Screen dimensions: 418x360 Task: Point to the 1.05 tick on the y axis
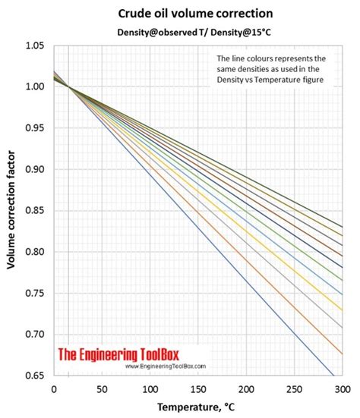coord(35,47)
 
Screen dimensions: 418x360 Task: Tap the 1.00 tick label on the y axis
coord(35,88)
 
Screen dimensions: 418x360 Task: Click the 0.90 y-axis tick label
coord(35,170)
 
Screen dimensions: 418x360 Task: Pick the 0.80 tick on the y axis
coord(35,252)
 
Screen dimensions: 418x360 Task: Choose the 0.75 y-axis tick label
coord(35,293)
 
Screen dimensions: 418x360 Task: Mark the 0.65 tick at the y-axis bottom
coord(35,375)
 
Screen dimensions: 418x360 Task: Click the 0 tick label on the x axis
coord(53,388)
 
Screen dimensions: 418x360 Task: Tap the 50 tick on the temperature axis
coord(101,388)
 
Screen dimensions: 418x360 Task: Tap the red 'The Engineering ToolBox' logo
coord(137,354)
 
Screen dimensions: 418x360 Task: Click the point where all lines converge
coord(68,88)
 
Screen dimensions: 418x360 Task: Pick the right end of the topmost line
coord(341,227)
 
